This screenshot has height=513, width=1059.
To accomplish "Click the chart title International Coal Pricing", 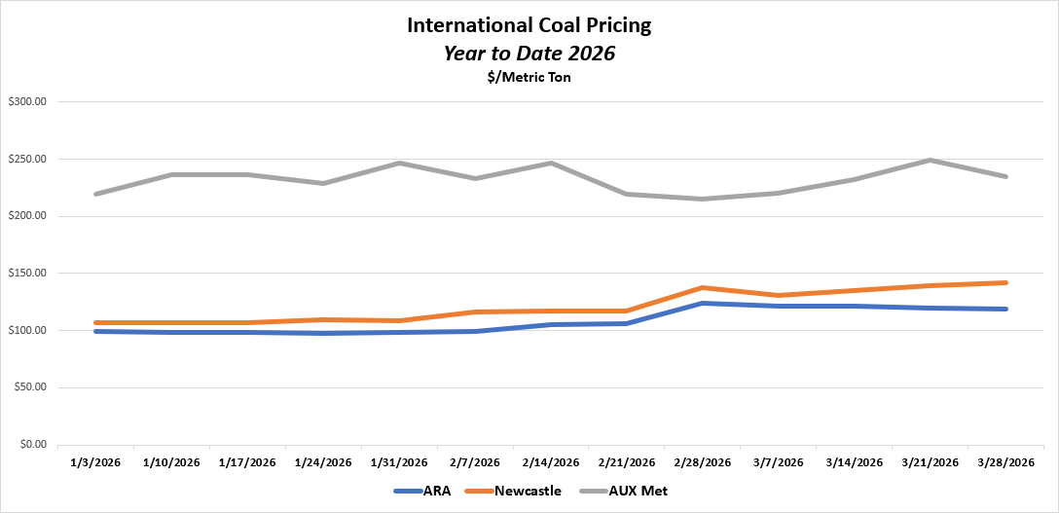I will (x=529, y=25).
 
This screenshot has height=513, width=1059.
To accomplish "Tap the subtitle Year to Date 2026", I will (x=529, y=54).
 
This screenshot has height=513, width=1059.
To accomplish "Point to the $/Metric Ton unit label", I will (x=529, y=78).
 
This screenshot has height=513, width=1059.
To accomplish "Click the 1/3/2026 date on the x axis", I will (x=95, y=462).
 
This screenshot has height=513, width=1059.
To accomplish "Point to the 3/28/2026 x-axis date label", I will (x=1005, y=462).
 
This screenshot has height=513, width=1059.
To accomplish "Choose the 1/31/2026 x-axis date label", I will (x=399, y=462).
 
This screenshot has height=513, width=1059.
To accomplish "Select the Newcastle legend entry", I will (x=528, y=492).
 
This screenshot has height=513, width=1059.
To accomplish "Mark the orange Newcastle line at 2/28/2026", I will (x=702, y=288).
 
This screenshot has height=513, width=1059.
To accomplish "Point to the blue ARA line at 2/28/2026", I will (x=702, y=304).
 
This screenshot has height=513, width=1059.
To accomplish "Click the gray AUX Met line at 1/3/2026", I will (x=95, y=194).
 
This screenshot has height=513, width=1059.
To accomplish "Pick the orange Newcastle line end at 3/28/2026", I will (x=1005, y=283).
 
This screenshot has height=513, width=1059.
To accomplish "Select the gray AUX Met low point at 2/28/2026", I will (x=702, y=199).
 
